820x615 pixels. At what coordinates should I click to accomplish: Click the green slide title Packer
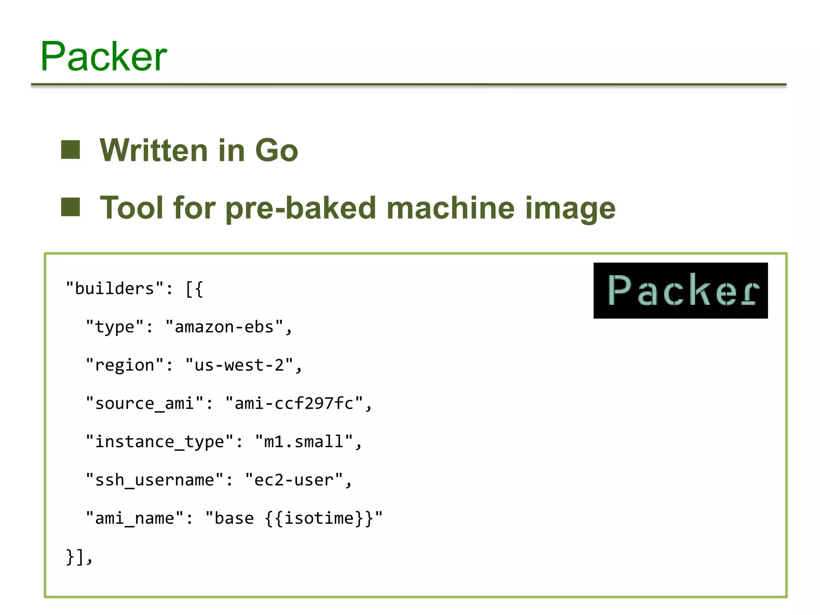coord(103,57)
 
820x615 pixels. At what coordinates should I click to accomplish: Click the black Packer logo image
coord(680,290)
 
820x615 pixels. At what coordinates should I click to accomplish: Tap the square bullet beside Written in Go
coord(70,150)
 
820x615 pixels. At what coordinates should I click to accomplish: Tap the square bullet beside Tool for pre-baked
coord(70,207)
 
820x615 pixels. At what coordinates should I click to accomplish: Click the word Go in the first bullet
coord(276,151)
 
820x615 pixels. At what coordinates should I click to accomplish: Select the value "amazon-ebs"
coord(224,327)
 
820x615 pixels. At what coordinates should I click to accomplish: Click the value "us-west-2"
coord(239,365)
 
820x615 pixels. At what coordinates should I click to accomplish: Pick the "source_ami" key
coord(145,404)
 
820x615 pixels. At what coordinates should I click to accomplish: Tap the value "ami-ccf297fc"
coord(294,404)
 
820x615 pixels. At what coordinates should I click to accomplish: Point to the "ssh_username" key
coord(155,480)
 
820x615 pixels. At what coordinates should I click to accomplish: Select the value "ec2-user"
coord(294,480)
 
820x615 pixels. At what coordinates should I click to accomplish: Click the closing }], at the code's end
coord(79,557)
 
